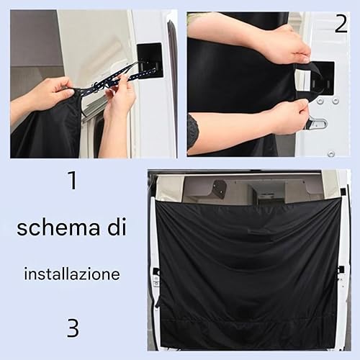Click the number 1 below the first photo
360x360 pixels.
[73, 180]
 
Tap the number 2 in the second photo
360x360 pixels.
[341, 24]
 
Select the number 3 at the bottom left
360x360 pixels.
[73, 328]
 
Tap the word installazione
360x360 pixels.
[72, 274]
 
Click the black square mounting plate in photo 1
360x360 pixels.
[150, 60]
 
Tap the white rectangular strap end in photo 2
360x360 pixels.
[303, 80]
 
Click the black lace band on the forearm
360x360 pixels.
[192, 132]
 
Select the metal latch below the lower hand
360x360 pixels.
[318, 123]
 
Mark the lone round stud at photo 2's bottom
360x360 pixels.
[331, 153]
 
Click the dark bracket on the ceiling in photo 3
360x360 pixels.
[220, 188]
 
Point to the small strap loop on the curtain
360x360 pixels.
[259, 231]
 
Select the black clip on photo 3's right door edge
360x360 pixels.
[341, 269]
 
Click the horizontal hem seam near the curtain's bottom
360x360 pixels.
[248, 320]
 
